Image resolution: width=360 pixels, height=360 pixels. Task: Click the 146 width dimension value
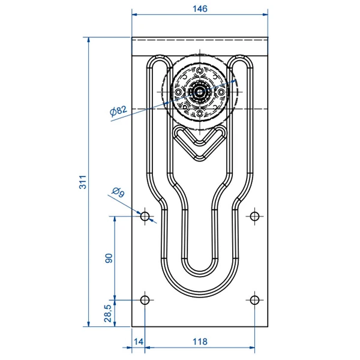coord(200,8)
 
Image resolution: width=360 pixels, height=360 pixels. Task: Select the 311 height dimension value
coord(83,182)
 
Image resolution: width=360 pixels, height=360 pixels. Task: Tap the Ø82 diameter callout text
coord(118,110)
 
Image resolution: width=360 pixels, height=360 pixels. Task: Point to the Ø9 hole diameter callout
coord(118,193)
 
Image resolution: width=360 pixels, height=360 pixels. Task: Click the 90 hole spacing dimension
coord(109,258)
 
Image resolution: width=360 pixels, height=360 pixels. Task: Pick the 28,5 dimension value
coord(108,313)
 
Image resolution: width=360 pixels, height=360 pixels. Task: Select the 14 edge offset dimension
coord(139,342)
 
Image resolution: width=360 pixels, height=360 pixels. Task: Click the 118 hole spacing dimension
coord(200,342)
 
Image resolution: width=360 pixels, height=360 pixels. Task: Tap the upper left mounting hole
coord(145,215)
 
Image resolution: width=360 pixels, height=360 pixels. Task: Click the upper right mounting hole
coord(255,215)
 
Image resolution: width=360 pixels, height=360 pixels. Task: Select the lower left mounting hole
coord(145,299)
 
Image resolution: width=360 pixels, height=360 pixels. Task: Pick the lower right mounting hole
coord(255,299)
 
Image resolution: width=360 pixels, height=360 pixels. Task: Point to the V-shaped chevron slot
coord(199,143)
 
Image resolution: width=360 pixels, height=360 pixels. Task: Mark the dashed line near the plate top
coord(200,40)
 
